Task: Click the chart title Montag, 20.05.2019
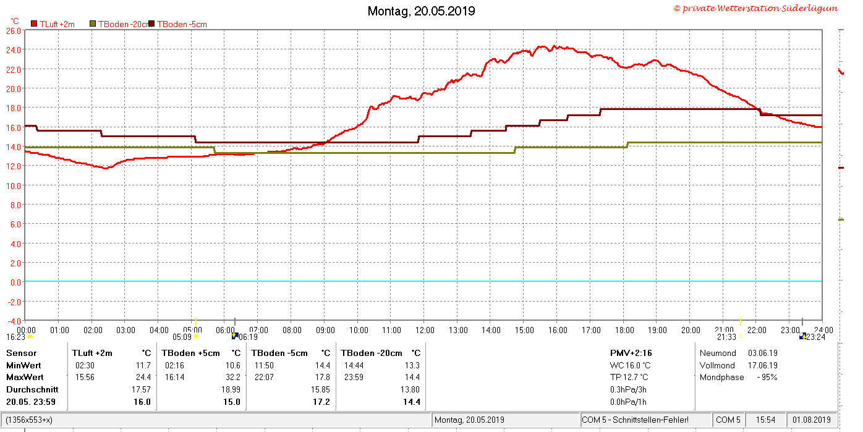click(421, 11)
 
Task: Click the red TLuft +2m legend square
click(34, 24)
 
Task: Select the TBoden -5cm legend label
click(182, 24)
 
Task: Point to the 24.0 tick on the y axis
click(14, 49)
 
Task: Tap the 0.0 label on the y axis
click(16, 282)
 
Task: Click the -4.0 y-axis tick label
click(14, 321)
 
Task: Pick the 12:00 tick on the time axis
click(425, 330)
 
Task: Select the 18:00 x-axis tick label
click(624, 330)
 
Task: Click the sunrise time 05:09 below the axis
click(182, 337)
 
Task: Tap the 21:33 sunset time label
click(726, 337)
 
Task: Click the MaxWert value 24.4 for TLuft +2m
click(143, 378)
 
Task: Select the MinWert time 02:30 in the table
click(85, 365)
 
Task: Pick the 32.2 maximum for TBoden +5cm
click(232, 378)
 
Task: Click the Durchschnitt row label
click(32, 389)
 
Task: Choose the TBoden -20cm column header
click(372, 353)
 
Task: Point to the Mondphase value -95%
click(767, 378)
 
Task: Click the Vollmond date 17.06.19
click(763, 365)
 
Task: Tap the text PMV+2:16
click(631, 353)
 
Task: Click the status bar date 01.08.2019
click(811, 420)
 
